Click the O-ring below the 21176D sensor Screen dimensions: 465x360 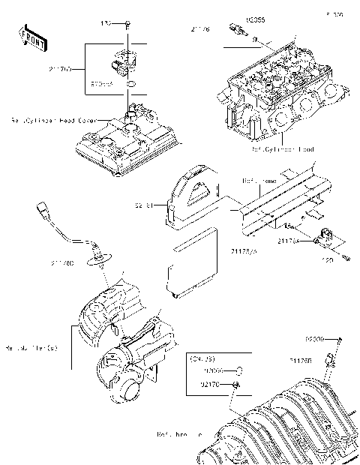click(131, 85)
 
